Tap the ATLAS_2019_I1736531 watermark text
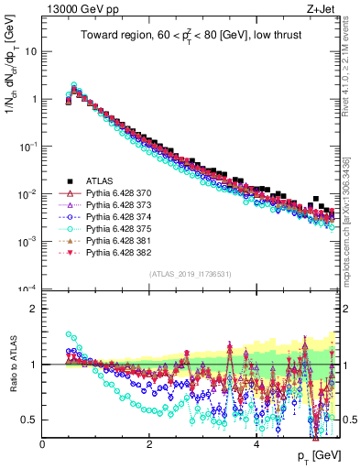pyautogui.click(x=190, y=272)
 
